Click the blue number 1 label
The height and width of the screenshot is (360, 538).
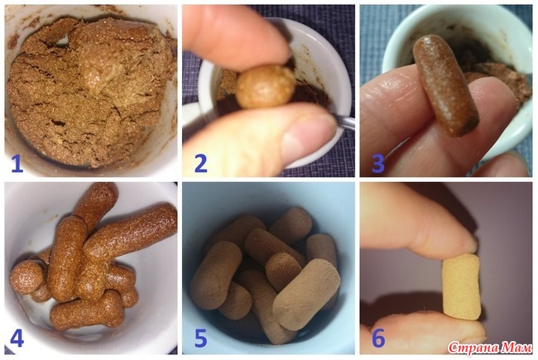pos(17,163)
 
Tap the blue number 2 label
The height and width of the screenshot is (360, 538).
pos(201,163)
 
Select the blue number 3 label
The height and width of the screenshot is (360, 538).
pos(378,163)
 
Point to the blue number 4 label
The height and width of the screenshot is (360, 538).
pos(17,338)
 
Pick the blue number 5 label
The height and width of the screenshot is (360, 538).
pos(201,338)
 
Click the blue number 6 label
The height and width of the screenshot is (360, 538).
pos(378,338)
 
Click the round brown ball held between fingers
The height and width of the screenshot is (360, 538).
pos(266,86)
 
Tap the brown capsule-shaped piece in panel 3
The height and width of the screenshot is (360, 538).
pos(445,86)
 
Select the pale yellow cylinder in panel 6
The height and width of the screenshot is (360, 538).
pos(461,287)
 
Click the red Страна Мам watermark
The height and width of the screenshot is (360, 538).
pos(490,348)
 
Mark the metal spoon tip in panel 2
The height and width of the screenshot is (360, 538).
pos(344,122)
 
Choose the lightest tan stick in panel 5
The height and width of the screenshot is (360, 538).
pos(306,295)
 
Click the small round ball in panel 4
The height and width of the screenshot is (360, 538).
pos(26,277)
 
